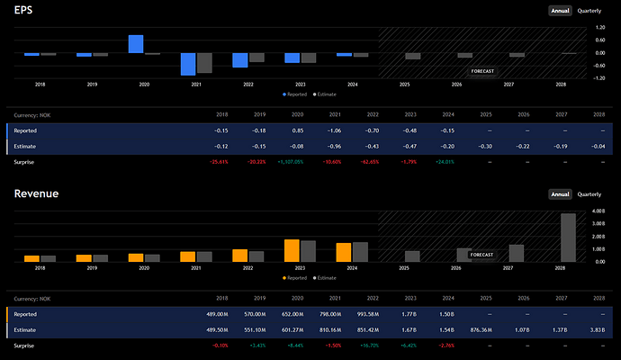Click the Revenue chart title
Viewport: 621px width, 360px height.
pos(33,193)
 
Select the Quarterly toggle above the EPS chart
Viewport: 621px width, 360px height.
pos(589,11)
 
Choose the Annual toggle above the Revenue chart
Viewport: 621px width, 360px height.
pos(561,194)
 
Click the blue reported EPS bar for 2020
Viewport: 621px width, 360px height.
pos(136,44)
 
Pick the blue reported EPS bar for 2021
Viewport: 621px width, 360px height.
pos(188,64)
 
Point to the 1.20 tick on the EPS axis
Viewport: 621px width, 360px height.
pos(600,28)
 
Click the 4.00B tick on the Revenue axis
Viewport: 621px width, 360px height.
pos(601,211)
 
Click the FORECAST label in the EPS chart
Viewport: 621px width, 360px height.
pos(483,70)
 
